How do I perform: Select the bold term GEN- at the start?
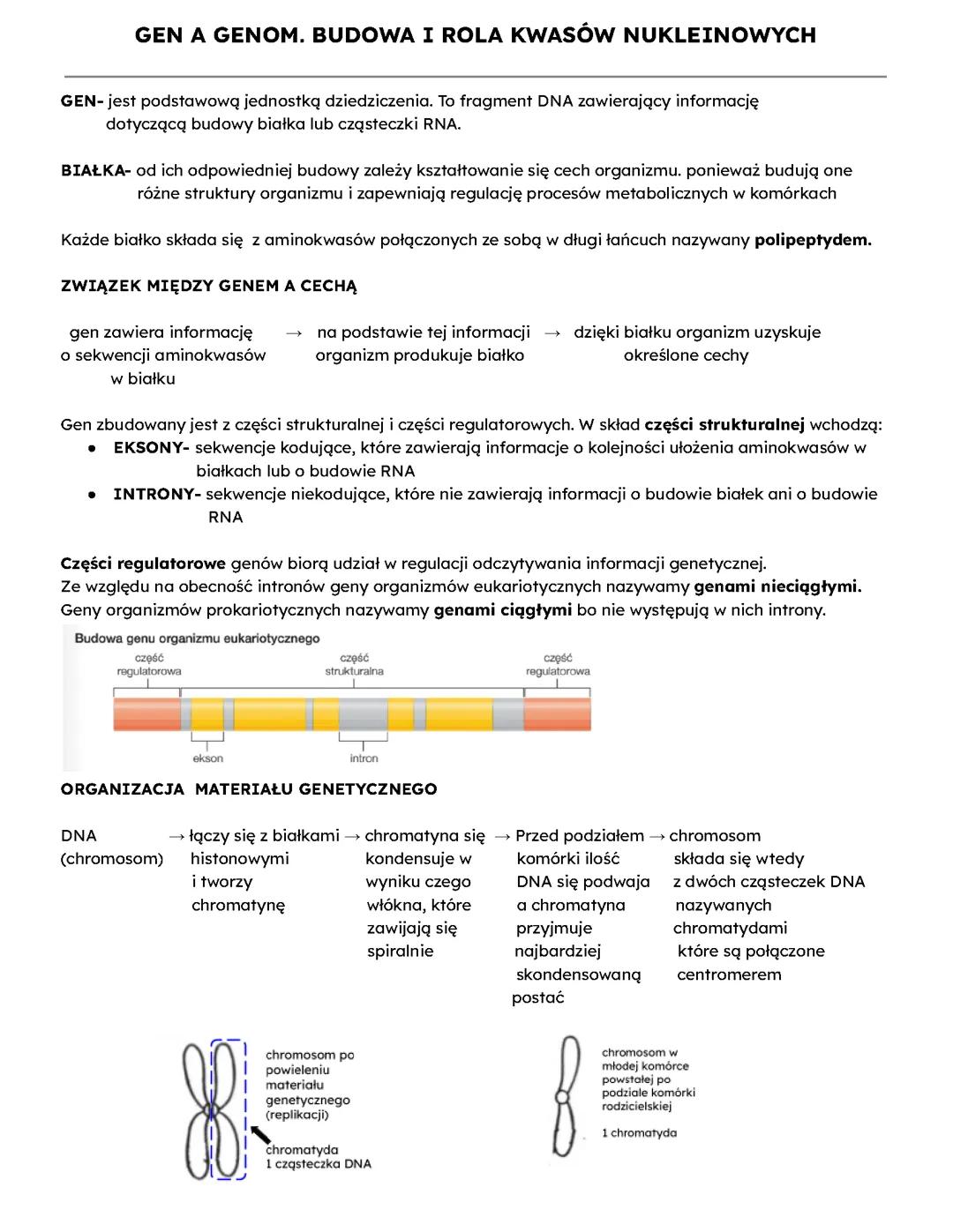point(82,101)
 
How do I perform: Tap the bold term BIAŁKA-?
point(95,170)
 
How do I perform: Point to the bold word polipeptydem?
point(813,240)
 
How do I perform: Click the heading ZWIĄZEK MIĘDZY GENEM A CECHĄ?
point(209,286)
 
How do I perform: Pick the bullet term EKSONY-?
point(151,448)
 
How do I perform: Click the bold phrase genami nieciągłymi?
point(777,586)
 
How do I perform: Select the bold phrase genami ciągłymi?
point(503,610)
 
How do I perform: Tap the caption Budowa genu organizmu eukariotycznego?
point(198,638)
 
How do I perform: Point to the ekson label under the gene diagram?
point(208,758)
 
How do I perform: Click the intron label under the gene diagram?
point(364,758)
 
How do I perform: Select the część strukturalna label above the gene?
point(354,665)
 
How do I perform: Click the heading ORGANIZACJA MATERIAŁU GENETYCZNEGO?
point(249,789)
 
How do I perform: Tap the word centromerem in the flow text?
point(729,974)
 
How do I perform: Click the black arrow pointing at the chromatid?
point(259,1134)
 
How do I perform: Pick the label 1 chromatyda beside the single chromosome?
point(639,1132)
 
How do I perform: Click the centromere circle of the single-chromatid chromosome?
point(561,1097)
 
